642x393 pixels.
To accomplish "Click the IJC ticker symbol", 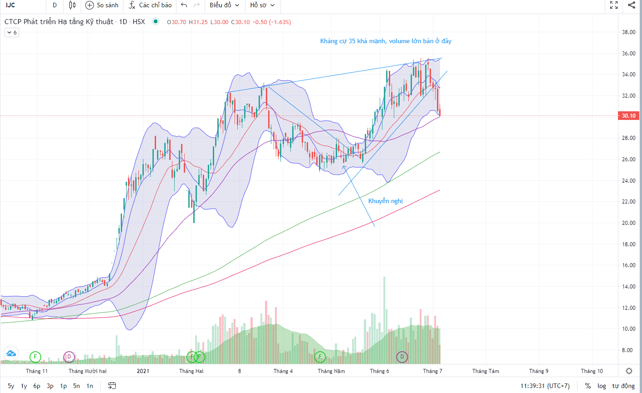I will tap(10, 5).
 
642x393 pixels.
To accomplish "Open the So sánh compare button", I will tap(102, 5).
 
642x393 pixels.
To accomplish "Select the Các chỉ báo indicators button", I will tap(150, 5).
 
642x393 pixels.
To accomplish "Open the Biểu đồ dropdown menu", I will tap(224, 5).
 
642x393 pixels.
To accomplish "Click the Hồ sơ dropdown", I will tap(262, 5).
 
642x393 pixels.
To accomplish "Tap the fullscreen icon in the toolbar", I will tap(614, 5).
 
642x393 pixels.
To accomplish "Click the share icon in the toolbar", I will tap(632, 5).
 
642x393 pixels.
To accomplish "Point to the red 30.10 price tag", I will tap(628, 116).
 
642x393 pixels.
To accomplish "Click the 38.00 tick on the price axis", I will tap(628, 32).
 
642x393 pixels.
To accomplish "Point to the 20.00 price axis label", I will tap(628, 223).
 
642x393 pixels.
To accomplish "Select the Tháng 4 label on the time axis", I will tap(283, 371).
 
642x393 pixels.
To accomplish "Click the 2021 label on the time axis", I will tap(143, 371).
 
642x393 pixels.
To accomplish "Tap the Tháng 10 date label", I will tap(592, 371).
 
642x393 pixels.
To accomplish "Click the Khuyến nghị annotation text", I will tap(385, 201).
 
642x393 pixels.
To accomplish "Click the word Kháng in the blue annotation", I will tap(329, 41).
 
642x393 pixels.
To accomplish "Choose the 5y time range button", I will tap(11, 386).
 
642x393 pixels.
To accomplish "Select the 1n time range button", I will tap(90, 386).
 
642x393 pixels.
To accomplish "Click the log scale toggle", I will tap(602, 386).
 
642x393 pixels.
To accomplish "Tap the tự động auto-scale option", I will tap(623, 386).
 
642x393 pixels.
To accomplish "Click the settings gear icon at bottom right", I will tap(629, 371).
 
